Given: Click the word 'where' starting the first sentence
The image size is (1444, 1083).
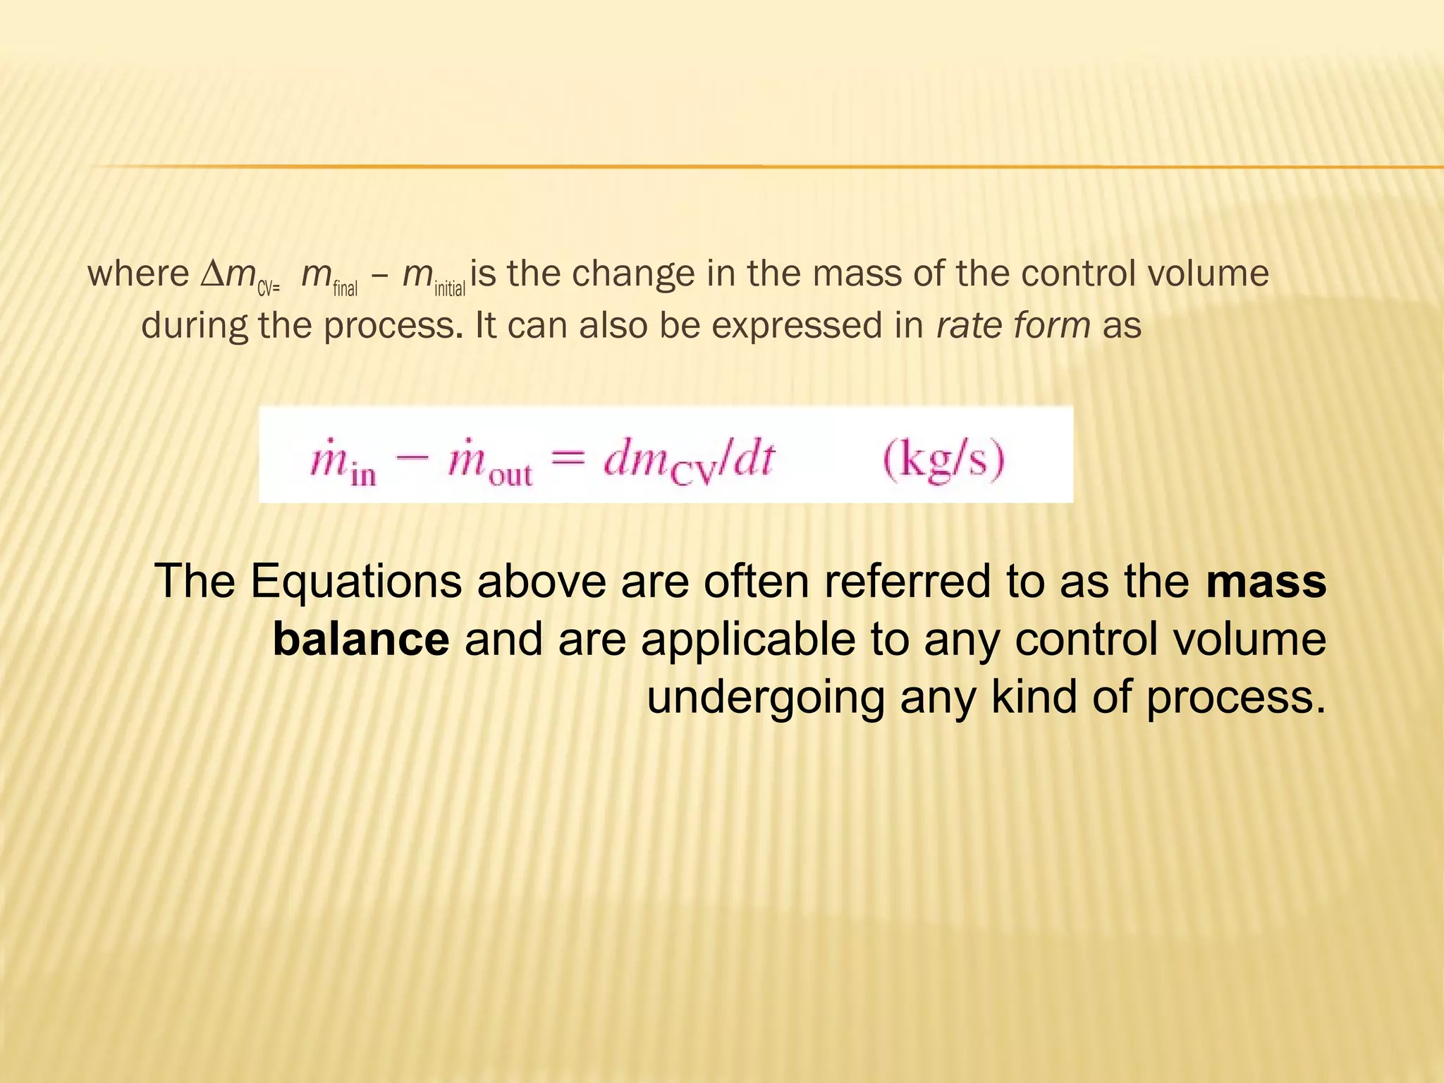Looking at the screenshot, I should pos(138,274).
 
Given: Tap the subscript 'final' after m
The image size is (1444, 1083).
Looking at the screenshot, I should pos(345,288).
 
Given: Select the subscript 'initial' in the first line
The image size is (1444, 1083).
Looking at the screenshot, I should pos(450,288).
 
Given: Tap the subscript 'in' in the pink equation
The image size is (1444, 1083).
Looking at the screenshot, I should pos(363,475).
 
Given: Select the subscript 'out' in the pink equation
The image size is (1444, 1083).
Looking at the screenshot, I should pos(510,475).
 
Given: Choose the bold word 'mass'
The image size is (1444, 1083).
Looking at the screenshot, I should pos(1266,582).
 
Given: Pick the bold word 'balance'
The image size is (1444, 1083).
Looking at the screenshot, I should pos(361,640).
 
